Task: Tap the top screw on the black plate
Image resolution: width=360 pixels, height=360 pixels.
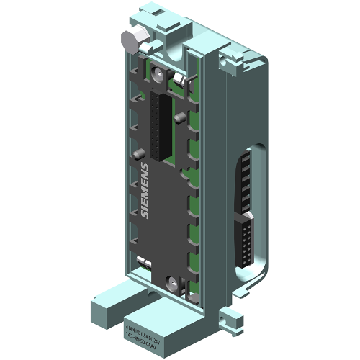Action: (x=174, y=76)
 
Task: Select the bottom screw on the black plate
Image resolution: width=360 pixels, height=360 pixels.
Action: (x=169, y=282)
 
